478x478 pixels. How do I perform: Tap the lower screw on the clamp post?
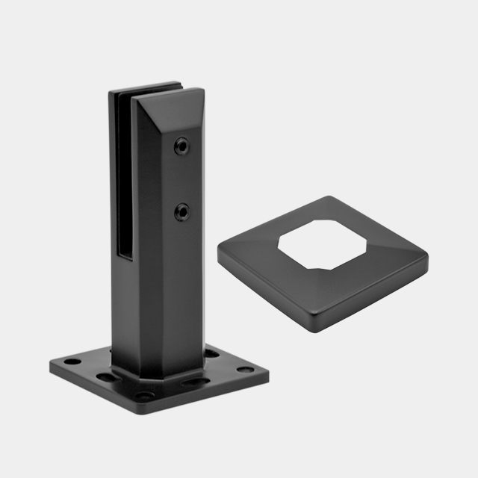pos(181,213)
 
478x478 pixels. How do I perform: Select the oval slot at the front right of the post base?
pos(199,382)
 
